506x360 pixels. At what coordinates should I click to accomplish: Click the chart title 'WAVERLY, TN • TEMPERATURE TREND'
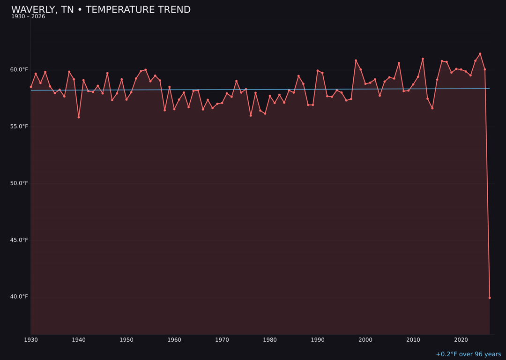tap(101, 10)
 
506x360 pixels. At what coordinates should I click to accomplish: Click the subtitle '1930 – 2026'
tap(28, 17)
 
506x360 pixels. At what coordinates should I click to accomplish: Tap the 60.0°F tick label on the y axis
tap(19, 70)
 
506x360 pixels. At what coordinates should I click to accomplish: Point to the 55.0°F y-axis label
tap(19, 127)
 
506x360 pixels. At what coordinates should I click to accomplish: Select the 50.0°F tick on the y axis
tap(19, 183)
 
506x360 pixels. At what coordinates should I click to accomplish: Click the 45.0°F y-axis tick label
tap(19, 240)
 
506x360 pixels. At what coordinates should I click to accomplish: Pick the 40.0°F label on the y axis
tap(19, 297)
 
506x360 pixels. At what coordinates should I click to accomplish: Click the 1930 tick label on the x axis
tap(31, 340)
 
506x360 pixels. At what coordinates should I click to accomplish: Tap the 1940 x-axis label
tap(79, 340)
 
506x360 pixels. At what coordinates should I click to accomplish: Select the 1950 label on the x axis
tap(126, 340)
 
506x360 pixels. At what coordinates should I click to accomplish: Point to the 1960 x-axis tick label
tap(174, 340)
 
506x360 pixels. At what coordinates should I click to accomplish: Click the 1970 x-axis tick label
tap(222, 340)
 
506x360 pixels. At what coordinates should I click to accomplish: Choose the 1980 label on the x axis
tap(270, 340)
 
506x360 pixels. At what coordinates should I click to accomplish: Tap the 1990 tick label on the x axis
tap(318, 340)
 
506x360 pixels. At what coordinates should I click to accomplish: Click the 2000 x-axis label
tap(365, 340)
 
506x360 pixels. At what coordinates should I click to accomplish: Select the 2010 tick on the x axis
tap(413, 340)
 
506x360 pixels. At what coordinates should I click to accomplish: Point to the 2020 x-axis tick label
tap(461, 340)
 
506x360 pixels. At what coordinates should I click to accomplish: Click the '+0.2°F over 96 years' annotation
tap(468, 354)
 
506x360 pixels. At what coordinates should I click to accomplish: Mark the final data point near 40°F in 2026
tap(490, 298)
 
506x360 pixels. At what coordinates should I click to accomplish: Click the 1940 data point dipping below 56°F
tap(79, 117)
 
